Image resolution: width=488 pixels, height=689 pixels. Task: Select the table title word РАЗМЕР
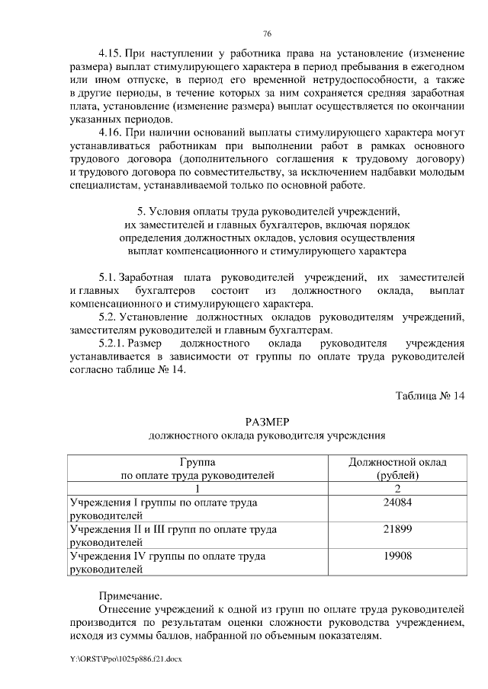tap(266, 422)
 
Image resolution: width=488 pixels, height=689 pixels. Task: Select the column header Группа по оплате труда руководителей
tap(197, 468)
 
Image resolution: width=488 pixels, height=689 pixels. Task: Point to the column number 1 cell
tap(197, 488)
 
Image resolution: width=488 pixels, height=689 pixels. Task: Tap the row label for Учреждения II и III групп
tap(172, 535)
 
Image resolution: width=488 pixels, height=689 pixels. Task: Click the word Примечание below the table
tap(130, 595)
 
